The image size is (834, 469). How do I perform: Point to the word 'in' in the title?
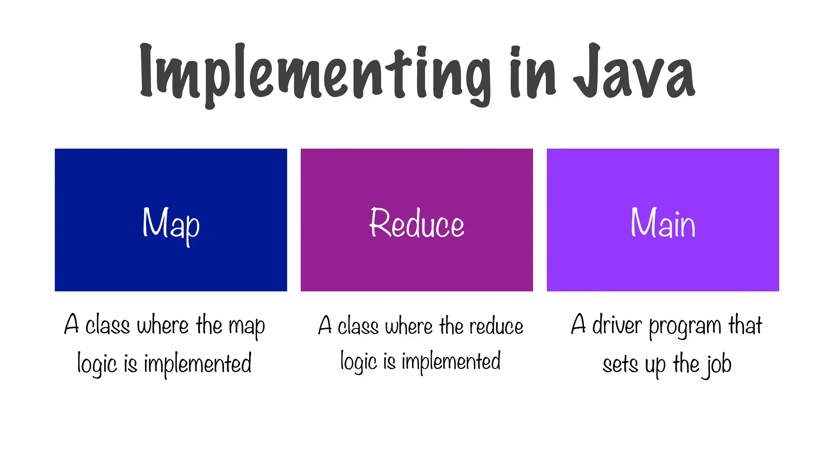(532, 73)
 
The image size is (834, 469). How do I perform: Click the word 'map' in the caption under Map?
(247, 327)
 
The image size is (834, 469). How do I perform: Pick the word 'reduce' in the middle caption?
(496, 327)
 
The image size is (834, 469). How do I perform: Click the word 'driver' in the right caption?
(617, 326)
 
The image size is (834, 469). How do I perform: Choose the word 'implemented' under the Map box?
(198, 364)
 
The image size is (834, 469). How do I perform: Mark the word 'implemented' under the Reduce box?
(451, 362)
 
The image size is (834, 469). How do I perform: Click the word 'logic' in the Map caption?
(97, 364)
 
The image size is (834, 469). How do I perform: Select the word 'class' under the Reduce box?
(358, 327)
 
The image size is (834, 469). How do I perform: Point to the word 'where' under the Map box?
(162, 326)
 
